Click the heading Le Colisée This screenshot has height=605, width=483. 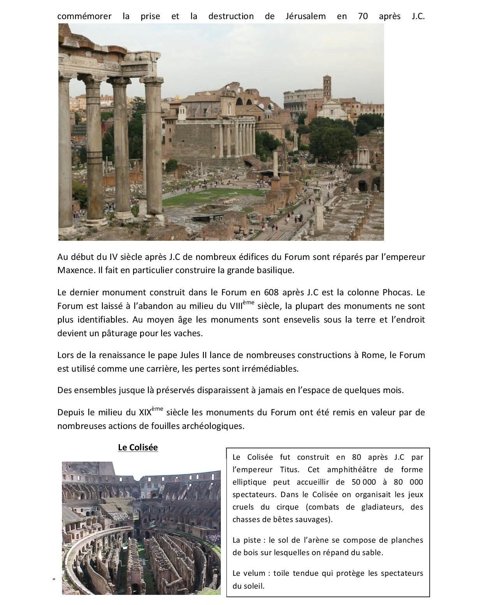click(138, 447)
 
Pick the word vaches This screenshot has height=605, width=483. click(189, 333)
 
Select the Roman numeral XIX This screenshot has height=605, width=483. click(145, 412)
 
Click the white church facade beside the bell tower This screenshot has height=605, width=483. click(332, 109)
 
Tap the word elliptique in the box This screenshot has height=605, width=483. click(249, 482)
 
